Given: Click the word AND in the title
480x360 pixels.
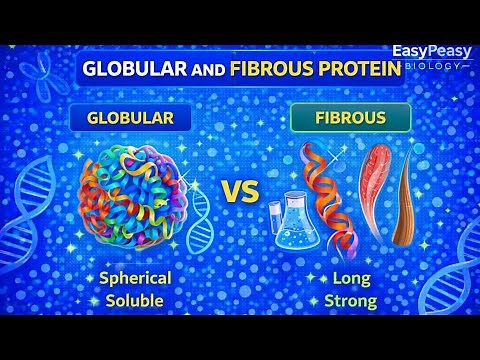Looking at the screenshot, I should pyautogui.click(x=206, y=72).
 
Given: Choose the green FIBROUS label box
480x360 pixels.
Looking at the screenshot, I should pyautogui.click(x=337, y=118).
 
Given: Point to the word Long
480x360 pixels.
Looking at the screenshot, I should pyautogui.click(x=344, y=277).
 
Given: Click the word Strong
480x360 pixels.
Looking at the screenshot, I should pyautogui.click(x=344, y=299).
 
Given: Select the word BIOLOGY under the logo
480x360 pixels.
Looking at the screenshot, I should pyautogui.click(x=436, y=66).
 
